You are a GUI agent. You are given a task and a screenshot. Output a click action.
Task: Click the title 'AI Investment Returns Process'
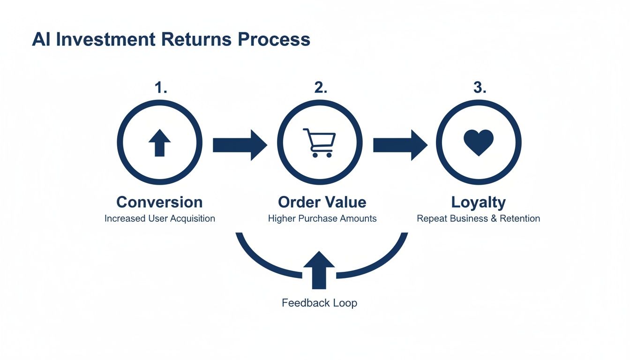click(171, 39)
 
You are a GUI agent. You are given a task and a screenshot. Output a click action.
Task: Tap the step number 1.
click(161, 88)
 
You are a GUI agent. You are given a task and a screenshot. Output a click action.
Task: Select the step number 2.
click(321, 88)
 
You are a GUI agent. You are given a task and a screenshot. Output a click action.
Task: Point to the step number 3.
click(480, 88)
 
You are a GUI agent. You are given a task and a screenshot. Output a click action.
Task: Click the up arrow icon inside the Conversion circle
click(159, 143)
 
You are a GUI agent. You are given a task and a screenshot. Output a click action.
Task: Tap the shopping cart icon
click(320, 142)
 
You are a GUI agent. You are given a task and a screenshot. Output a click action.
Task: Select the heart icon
click(479, 142)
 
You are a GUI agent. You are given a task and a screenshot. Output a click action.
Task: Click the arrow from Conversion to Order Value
click(240, 145)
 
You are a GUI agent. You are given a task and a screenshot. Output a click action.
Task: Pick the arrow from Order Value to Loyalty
click(400, 145)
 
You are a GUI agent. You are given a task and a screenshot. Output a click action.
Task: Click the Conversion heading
click(159, 202)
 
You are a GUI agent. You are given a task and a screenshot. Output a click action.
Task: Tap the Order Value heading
click(322, 202)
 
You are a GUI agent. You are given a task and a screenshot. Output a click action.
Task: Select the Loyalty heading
click(479, 202)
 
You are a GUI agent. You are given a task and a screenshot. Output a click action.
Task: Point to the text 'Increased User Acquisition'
click(159, 218)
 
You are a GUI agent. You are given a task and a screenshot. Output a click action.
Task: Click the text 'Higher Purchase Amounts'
click(322, 218)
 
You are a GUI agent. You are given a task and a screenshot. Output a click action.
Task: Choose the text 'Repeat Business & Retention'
click(478, 218)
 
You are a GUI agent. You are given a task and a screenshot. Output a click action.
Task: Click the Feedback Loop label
click(319, 303)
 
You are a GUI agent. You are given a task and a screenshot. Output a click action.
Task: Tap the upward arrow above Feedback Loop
click(319, 270)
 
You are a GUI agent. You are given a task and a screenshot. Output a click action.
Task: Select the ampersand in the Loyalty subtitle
click(494, 218)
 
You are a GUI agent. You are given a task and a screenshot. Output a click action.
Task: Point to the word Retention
click(519, 218)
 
